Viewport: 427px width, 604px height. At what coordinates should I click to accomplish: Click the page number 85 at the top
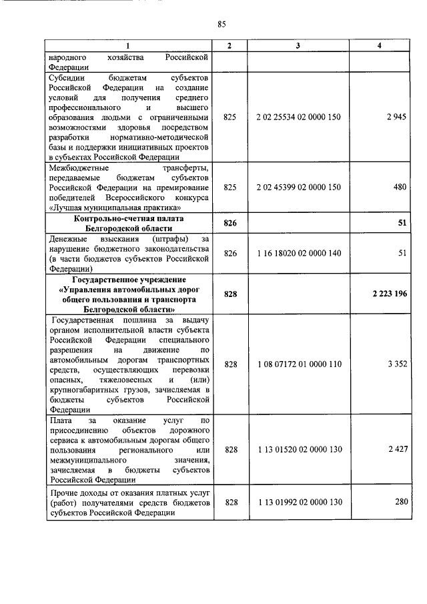click(x=222, y=24)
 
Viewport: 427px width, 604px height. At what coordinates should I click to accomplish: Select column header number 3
click(x=298, y=45)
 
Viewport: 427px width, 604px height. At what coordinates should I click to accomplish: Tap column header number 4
click(x=379, y=45)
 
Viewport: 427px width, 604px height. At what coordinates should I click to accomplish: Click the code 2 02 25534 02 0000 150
click(x=298, y=117)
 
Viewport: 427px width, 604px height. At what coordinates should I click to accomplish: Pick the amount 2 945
click(x=396, y=117)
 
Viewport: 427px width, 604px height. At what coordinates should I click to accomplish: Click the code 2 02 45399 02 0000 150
click(x=298, y=188)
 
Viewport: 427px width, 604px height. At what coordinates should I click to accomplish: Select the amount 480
click(x=400, y=188)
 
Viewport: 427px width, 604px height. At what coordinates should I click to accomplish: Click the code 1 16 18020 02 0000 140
click(x=298, y=253)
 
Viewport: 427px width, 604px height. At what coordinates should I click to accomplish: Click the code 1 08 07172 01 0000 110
click(x=298, y=364)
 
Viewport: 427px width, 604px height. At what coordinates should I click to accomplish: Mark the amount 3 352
click(x=396, y=364)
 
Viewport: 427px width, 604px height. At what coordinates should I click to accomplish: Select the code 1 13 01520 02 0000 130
click(x=298, y=450)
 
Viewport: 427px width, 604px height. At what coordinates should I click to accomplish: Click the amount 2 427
click(x=396, y=450)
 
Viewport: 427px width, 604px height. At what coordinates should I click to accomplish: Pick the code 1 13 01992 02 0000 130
click(x=298, y=502)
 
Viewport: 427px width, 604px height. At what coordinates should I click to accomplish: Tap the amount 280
click(x=400, y=502)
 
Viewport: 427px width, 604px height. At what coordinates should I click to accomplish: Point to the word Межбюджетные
click(x=77, y=169)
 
